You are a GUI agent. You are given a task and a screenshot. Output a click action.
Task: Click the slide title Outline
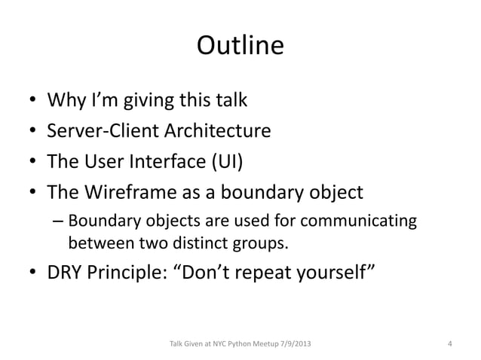click(240, 47)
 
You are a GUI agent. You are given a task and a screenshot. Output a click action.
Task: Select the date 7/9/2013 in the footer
click(290, 344)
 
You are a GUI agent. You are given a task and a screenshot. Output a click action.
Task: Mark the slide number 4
click(449, 344)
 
